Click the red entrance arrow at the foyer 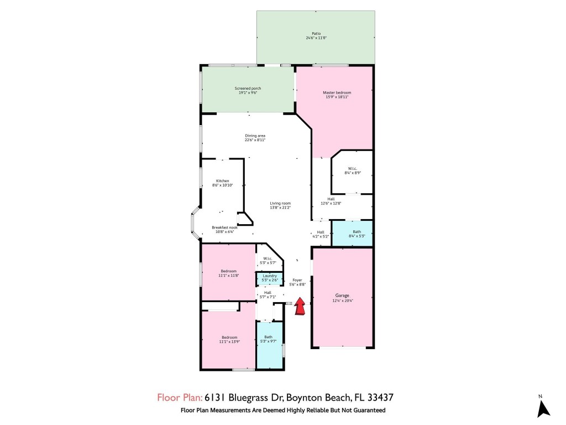pos(300,307)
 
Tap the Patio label pos(316,33)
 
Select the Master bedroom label pos(337,92)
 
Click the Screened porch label pos(248,89)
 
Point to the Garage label pos(342,296)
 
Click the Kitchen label pos(222,181)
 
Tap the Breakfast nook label pos(224,227)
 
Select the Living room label pos(280,203)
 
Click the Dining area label pos(255,136)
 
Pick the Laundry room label pos(270,276)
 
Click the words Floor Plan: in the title pos(180,397)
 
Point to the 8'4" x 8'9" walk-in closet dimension pos(353,173)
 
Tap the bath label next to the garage pos(357,232)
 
